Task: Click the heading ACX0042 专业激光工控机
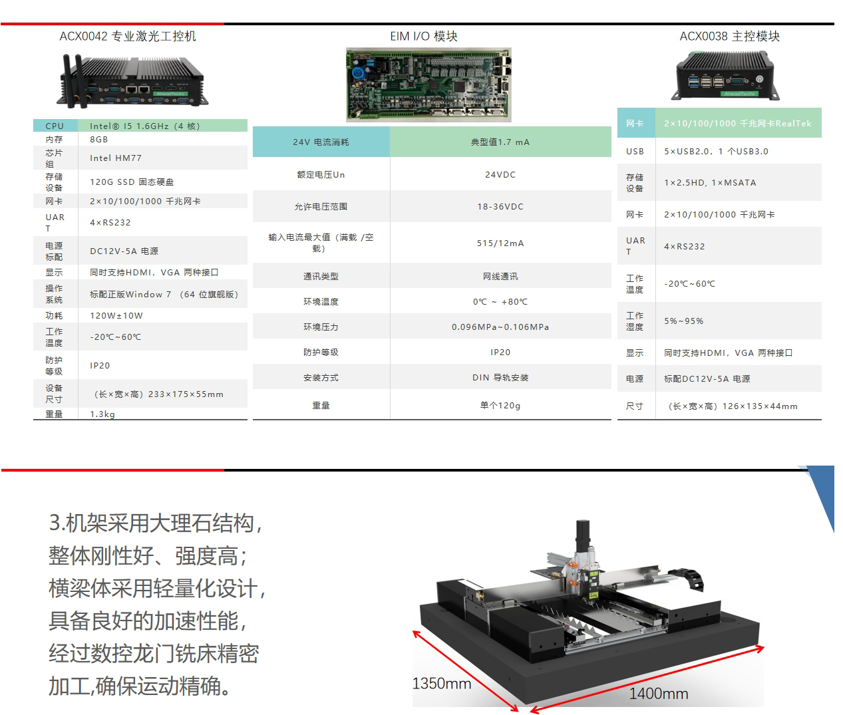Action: click(x=128, y=37)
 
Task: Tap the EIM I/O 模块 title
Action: click(x=424, y=37)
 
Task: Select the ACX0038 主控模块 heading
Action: click(x=729, y=37)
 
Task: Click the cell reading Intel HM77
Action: click(x=116, y=158)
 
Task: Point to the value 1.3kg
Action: click(x=102, y=414)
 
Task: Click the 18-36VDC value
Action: click(x=500, y=207)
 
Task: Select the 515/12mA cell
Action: click(x=500, y=243)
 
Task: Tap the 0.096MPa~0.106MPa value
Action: click(x=500, y=327)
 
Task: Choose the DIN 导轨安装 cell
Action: click(x=500, y=378)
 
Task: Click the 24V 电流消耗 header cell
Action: click(x=321, y=142)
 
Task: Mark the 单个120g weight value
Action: click(x=500, y=405)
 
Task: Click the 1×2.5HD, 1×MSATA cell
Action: click(x=710, y=183)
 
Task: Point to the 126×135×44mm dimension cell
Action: click(x=733, y=406)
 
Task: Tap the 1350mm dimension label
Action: click(x=441, y=683)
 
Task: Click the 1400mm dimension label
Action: click(x=658, y=694)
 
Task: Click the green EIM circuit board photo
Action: click(x=428, y=84)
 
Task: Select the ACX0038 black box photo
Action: click(x=725, y=75)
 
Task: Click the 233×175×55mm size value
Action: click(x=186, y=394)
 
